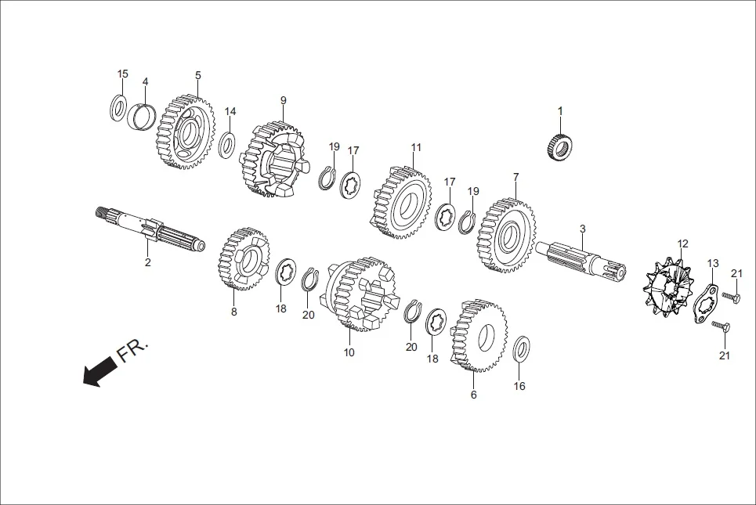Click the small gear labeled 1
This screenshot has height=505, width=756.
coord(559,146)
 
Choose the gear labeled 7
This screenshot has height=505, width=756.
coord(507,234)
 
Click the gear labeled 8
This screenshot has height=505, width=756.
coord(244,259)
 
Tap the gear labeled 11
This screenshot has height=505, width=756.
coord(402,202)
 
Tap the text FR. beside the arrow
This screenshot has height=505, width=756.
coord(132,351)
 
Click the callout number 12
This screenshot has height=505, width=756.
coord(682,244)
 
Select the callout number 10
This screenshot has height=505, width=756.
coord(349,352)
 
